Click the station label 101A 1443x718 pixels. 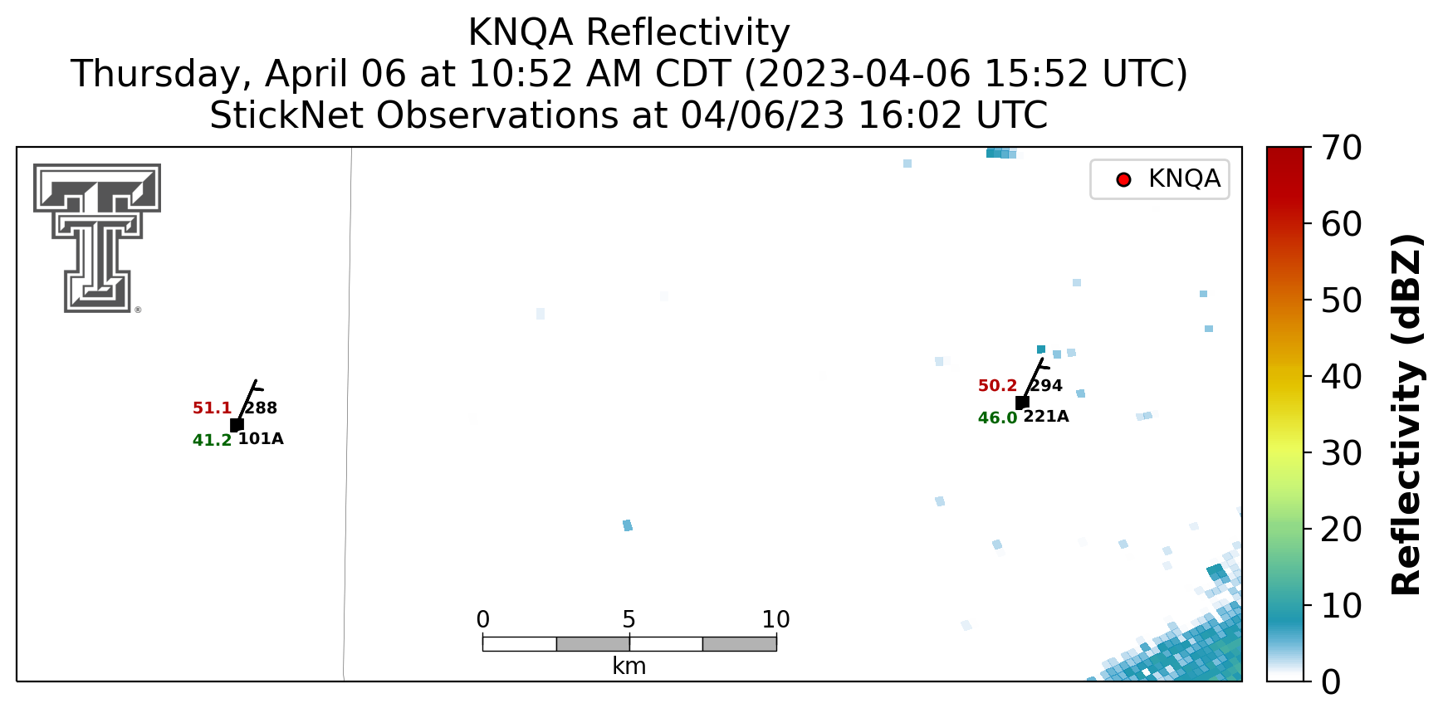[261, 439]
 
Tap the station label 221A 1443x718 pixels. [1046, 417]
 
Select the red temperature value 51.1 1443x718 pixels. [212, 408]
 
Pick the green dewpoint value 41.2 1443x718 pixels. [212, 441]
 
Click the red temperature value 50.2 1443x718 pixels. [997, 386]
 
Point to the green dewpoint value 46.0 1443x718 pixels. [997, 418]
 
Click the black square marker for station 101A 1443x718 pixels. [237, 425]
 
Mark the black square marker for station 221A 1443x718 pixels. [1022, 403]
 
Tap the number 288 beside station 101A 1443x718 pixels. [262, 408]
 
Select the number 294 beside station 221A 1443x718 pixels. [1047, 385]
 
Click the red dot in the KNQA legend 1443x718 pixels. [1124, 179]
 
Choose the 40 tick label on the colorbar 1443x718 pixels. [1342, 377]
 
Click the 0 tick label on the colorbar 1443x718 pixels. [1331, 682]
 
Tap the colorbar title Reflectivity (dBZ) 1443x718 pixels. [1406, 414]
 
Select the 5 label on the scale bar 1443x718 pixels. [629, 619]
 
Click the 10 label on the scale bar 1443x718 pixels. [775, 619]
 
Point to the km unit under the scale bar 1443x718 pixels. [629, 666]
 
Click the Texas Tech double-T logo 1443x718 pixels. [97, 237]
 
